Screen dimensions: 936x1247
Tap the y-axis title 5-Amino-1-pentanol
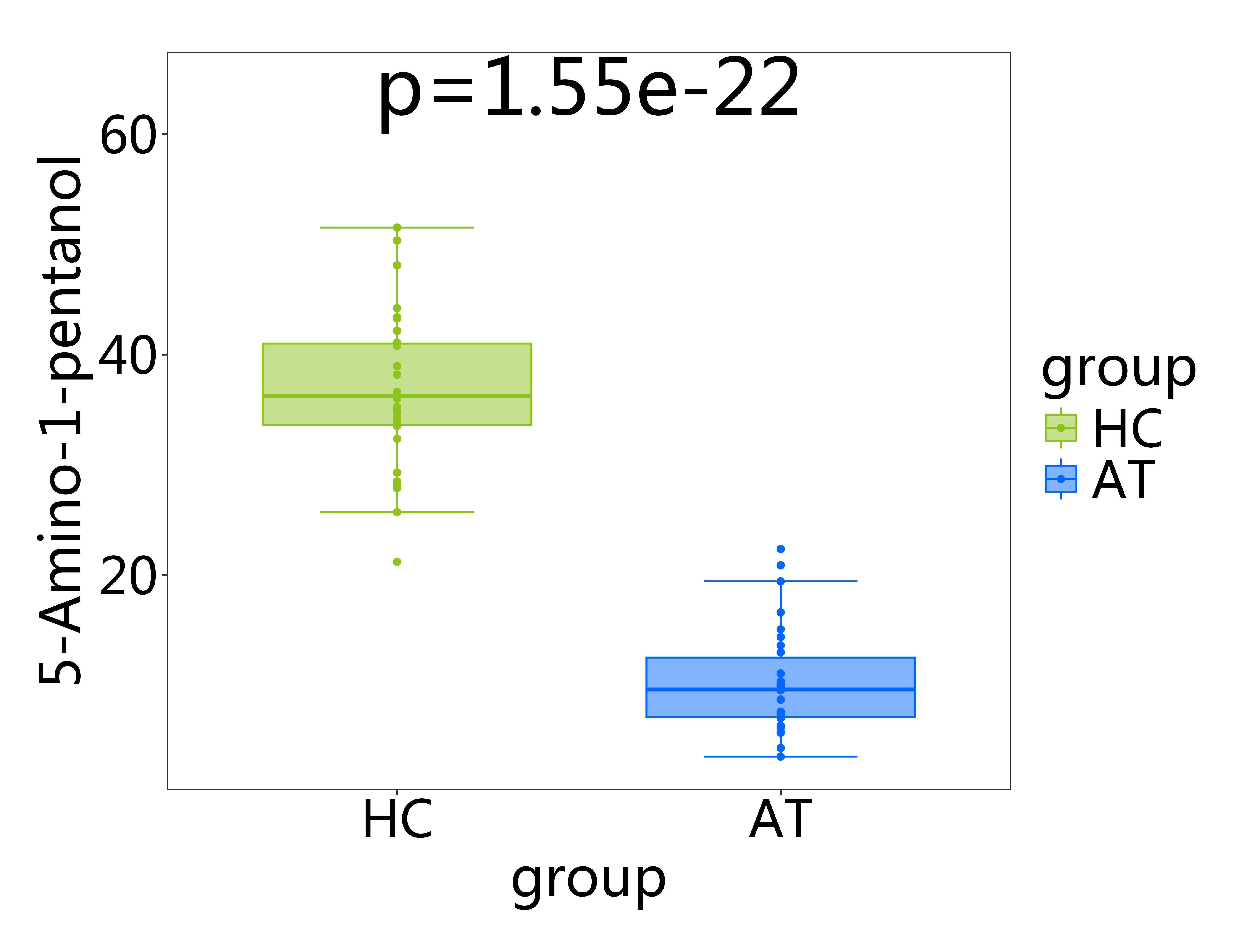pos(60,420)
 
